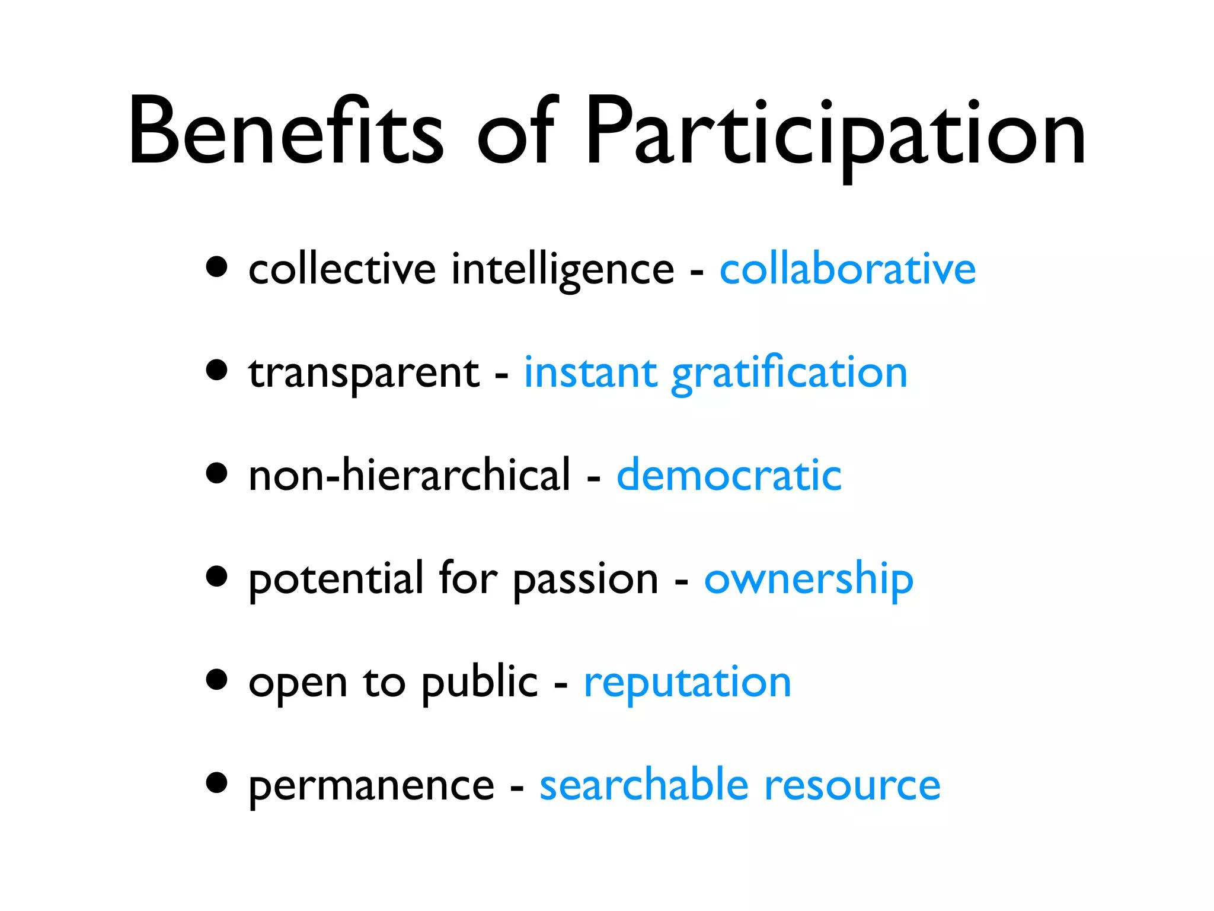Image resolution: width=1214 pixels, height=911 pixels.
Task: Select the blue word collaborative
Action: (x=848, y=269)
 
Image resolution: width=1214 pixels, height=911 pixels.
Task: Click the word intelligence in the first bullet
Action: (x=563, y=270)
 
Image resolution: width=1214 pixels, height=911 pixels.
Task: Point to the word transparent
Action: (x=363, y=374)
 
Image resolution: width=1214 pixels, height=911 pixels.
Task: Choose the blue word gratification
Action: (x=789, y=374)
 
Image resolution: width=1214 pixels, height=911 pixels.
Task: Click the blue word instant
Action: (x=590, y=374)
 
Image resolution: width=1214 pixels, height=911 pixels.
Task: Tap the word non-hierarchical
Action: (x=409, y=475)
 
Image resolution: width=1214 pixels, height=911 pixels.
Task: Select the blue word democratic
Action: (x=729, y=475)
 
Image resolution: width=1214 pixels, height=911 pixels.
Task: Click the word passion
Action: (x=586, y=580)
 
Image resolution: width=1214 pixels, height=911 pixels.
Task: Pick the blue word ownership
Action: (x=809, y=579)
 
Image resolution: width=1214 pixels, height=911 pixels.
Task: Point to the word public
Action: (x=479, y=682)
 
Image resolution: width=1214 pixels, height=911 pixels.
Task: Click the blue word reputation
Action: (x=688, y=682)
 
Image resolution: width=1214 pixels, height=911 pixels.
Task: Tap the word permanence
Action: (x=371, y=786)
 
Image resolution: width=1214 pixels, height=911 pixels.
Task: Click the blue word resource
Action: (x=852, y=785)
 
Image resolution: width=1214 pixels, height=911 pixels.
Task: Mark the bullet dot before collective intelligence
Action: (x=217, y=267)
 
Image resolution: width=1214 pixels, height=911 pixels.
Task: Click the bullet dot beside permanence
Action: (x=217, y=782)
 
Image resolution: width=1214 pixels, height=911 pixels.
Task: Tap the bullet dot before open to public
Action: (x=217, y=680)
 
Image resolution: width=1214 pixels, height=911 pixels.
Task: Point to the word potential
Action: (x=336, y=579)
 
